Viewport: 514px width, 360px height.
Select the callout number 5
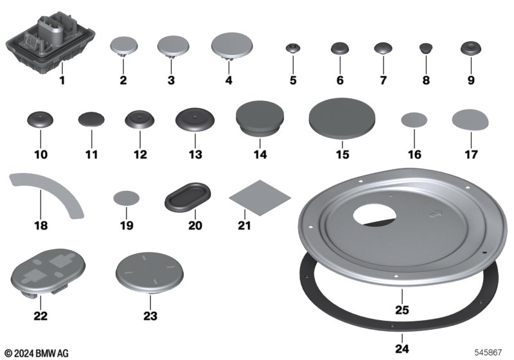pyautogui.click(x=293, y=80)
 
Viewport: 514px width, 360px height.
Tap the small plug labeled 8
pyautogui.click(x=426, y=48)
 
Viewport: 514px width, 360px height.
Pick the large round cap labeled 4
pyautogui.click(x=232, y=46)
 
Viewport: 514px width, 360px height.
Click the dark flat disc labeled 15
pyautogui.click(x=342, y=118)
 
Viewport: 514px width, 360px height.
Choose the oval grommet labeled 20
pyautogui.click(x=188, y=195)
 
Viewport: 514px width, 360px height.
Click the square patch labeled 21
pyautogui.click(x=260, y=198)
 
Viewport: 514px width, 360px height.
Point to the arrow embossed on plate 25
pyautogui.click(x=436, y=214)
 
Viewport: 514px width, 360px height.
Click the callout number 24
pyautogui.click(x=402, y=348)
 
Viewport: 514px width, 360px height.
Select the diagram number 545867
pyautogui.click(x=488, y=352)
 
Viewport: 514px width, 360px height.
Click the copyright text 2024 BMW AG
pyautogui.click(x=37, y=354)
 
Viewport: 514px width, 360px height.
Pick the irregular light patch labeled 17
pyautogui.click(x=470, y=120)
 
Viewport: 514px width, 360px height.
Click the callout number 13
pyautogui.click(x=195, y=154)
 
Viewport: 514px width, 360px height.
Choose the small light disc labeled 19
pyautogui.click(x=126, y=198)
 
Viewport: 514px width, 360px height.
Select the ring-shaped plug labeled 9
pyautogui.click(x=471, y=48)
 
